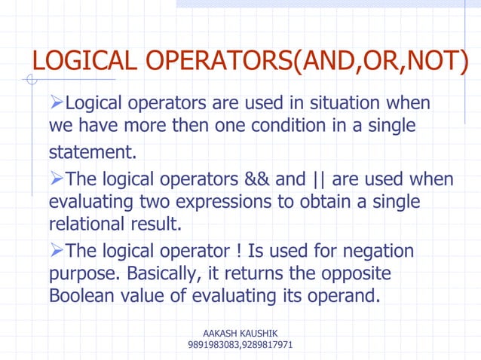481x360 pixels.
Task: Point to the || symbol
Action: [x=317, y=181]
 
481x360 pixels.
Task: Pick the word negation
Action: [x=379, y=251]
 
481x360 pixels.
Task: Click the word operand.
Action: [x=341, y=294]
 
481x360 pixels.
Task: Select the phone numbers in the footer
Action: [x=240, y=345]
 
